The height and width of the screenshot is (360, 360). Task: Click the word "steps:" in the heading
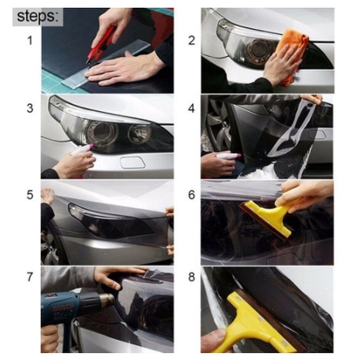click(37, 17)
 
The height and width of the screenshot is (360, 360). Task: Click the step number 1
click(30, 40)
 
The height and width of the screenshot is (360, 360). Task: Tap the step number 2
click(192, 40)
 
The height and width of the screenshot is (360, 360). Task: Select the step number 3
click(30, 108)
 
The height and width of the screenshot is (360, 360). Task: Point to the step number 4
click(192, 108)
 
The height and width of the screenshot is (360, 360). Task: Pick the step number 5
click(30, 195)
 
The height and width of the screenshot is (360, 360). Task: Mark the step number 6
click(192, 195)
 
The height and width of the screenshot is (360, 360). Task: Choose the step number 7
click(30, 277)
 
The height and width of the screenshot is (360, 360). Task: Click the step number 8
click(192, 277)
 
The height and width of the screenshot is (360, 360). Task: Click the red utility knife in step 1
click(101, 45)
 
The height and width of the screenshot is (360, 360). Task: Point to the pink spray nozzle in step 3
click(90, 147)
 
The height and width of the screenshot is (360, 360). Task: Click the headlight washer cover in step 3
click(133, 163)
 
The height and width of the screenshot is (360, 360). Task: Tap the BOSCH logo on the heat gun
click(63, 307)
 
